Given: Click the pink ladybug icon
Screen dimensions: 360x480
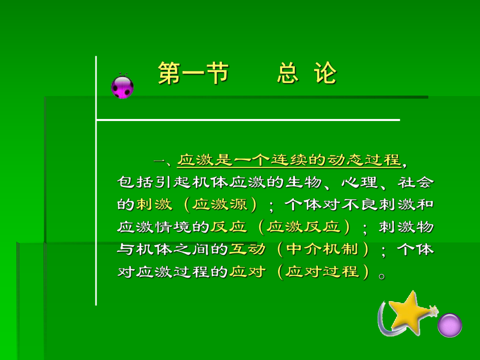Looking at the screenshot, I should (x=123, y=87).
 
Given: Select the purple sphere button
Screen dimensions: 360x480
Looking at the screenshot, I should (x=449, y=325).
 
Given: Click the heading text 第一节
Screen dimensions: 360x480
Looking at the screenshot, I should (x=194, y=74).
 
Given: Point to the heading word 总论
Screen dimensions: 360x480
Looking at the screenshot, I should (x=307, y=74).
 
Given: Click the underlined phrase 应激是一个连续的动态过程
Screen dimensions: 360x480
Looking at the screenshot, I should (x=289, y=159).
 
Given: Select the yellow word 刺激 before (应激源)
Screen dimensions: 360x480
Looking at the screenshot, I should (x=154, y=204).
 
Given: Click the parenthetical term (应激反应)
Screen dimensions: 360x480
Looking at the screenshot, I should (x=303, y=227).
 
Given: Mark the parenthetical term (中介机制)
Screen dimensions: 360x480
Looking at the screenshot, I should (x=323, y=249).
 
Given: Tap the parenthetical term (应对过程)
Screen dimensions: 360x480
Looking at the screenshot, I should (x=323, y=272).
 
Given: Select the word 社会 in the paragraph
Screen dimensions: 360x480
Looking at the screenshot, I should (x=415, y=182).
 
